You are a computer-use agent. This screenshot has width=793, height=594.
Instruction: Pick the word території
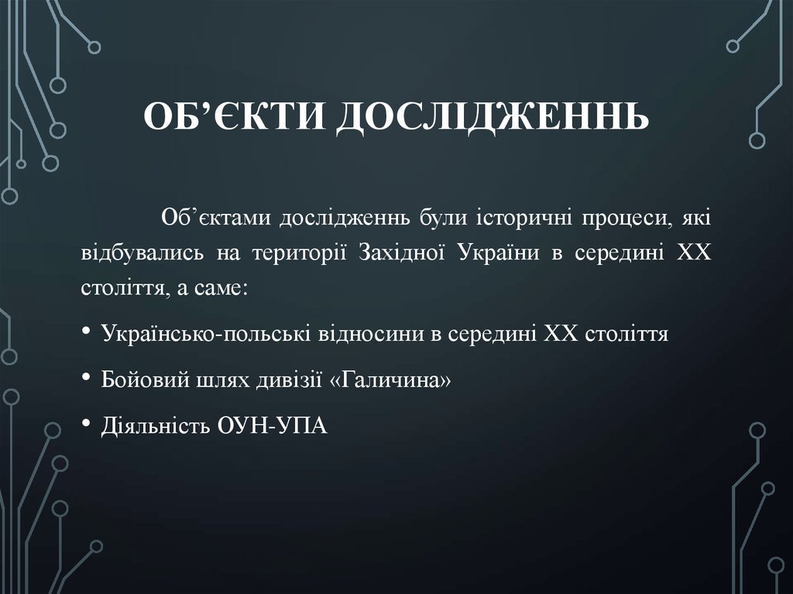(x=300, y=255)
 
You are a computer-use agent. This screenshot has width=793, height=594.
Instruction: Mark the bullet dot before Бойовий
(x=86, y=379)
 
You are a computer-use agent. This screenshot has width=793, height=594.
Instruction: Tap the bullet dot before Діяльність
(x=86, y=424)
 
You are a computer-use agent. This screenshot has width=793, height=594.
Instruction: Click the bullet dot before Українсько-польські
(x=86, y=334)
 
